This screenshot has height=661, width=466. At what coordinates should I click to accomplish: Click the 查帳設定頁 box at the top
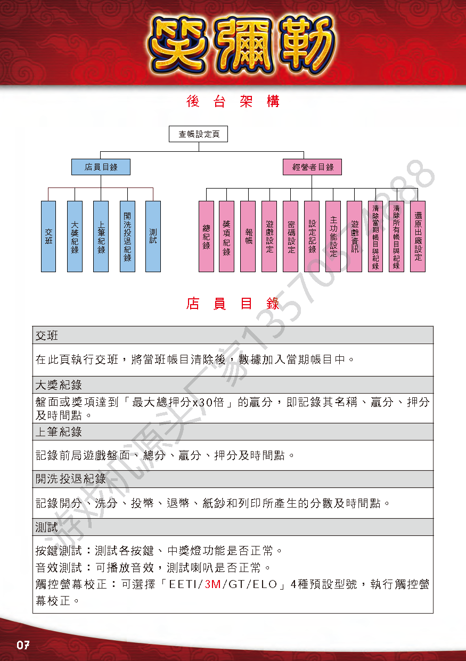coord(198,134)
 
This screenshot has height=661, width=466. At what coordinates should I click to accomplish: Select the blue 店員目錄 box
coord(101,167)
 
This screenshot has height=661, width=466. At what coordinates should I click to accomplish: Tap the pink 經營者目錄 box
coord(312,167)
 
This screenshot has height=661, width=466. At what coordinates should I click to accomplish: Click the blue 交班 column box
coord(48,236)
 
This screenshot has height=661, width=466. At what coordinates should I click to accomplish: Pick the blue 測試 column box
coord(153,236)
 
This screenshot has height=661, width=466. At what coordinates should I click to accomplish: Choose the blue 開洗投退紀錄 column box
coord(127,236)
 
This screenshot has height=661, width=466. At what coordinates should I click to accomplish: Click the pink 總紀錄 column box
coord(206,236)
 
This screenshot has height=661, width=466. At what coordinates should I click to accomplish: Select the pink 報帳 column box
coord(248,236)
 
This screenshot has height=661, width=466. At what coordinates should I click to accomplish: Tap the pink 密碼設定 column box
coord(290,236)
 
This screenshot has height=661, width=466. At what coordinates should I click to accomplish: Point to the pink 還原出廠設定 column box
coord(418,236)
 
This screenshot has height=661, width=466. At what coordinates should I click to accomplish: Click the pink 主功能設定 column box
coord(333,236)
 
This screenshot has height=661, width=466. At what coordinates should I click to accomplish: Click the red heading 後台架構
coord(233,102)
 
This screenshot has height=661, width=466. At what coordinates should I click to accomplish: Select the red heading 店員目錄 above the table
coord(233,304)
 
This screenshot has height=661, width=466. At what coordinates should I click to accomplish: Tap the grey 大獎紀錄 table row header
coord(233,385)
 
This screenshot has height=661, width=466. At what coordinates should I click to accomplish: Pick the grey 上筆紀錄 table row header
coord(233,432)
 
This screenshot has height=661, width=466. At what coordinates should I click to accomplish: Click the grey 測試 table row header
coord(233,527)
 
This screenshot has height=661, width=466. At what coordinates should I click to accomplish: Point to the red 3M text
coord(213,584)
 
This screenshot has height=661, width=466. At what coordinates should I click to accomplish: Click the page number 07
coord(23,645)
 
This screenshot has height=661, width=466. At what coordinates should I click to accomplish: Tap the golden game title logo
coord(241,44)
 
